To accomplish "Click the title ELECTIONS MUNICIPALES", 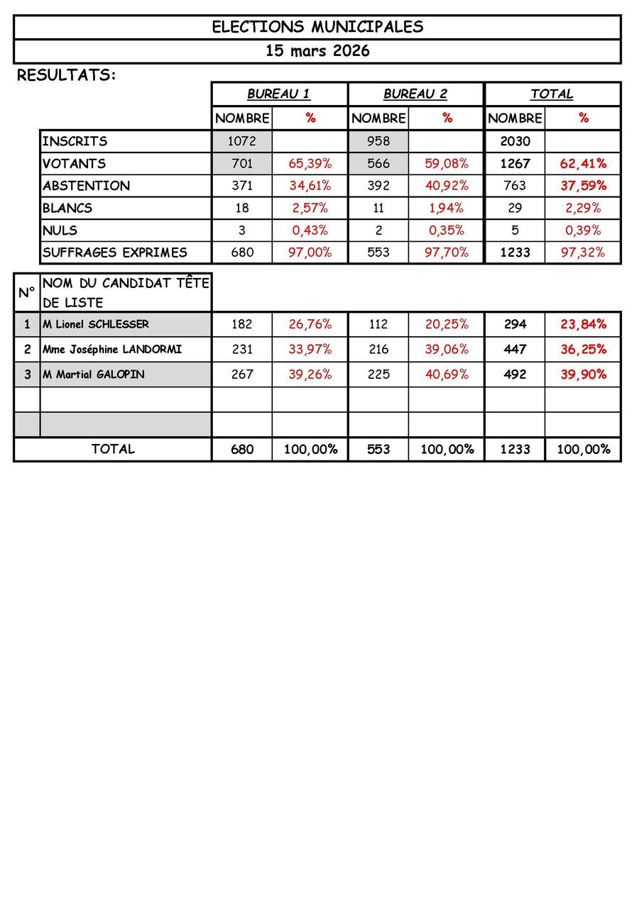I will (317, 27).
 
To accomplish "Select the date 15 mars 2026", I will (317, 51).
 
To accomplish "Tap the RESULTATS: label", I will (66, 74).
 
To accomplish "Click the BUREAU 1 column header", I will (278, 94).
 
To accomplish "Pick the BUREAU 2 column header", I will (415, 94).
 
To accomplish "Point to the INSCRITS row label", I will (75, 141).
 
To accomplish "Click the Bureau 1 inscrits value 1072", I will (242, 141).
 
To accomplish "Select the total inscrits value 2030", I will (515, 141).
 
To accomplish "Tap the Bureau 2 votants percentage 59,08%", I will (447, 164).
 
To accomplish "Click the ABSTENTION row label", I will (86, 186).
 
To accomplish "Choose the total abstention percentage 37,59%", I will (583, 186).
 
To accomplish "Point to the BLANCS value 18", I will (242, 208).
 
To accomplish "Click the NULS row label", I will (60, 230).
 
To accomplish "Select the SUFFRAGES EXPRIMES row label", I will (114, 252).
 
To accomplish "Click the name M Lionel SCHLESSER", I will (96, 324).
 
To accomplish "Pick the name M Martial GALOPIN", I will (93, 374).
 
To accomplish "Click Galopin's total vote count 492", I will (515, 374).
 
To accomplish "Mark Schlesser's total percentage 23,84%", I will (583, 324).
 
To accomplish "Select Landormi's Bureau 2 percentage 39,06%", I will (447, 349).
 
